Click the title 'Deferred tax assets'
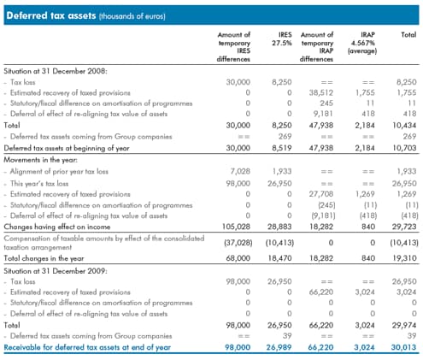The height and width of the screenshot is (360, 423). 51,15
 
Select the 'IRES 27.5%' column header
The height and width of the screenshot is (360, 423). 281,38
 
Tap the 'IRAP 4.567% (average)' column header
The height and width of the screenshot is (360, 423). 362,43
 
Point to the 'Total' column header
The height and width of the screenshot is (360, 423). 408,35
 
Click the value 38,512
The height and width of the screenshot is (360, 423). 321,92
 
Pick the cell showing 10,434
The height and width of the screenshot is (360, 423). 404,125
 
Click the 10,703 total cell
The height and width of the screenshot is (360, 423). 404,148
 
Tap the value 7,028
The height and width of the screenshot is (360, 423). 240,171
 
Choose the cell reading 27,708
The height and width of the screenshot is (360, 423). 321,194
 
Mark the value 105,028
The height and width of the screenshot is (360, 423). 236,227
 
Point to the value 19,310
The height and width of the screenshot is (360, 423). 404,258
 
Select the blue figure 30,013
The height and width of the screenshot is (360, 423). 403,347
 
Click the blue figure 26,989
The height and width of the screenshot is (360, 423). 279,347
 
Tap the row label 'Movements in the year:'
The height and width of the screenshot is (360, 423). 40,160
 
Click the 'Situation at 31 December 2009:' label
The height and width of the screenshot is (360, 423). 56,271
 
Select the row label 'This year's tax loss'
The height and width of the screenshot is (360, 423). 39,183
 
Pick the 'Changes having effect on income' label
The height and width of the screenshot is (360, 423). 57,227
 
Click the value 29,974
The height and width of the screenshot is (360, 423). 404,325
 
